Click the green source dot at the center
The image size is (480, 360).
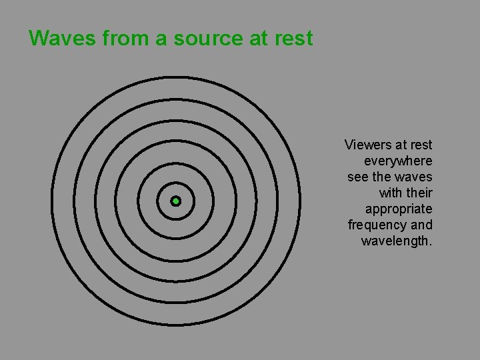176,201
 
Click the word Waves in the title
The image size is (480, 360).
63,39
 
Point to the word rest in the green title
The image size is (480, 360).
293,39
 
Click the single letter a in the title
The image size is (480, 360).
161,39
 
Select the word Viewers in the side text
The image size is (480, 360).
369,145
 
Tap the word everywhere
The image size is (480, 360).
398,161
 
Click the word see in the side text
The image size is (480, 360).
357,177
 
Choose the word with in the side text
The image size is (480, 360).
391,193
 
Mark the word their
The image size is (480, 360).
421,193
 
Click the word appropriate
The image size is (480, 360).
399,209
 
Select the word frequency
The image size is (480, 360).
378,225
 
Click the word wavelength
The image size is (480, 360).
397,241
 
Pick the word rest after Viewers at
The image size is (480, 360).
421,145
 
